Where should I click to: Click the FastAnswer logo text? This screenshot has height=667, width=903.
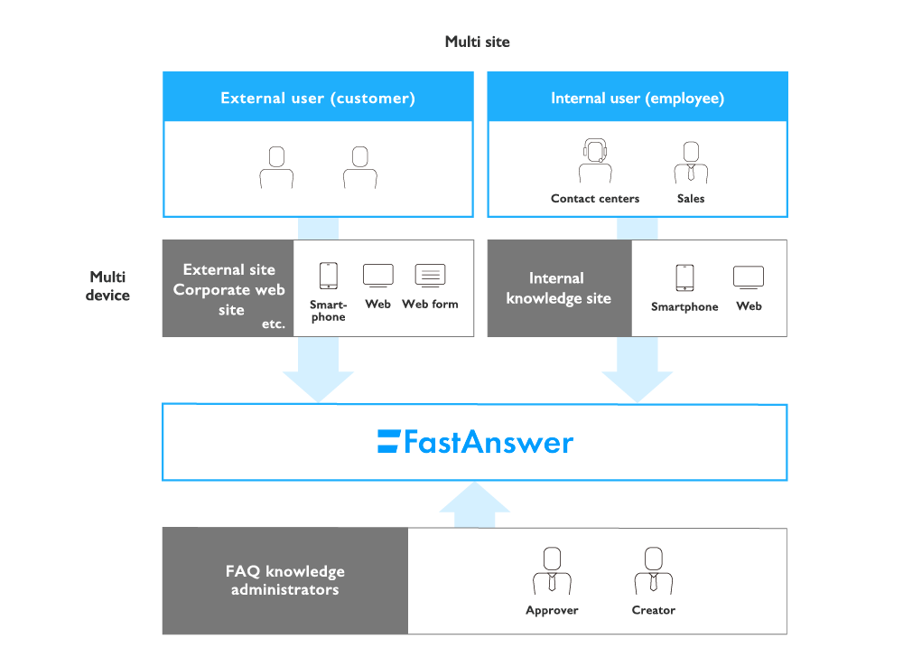(x=476, y=442)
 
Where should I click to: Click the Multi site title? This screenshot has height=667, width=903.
(x=478, y=42)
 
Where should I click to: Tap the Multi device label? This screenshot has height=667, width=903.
(x=108, y=286)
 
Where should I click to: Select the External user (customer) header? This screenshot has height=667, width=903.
(x=317, y=98)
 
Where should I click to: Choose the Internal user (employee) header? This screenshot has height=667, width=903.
(x=638, y=98)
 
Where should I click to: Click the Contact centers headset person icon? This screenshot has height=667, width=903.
(x=594, y=162)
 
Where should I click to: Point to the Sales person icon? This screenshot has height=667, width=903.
(x=691, y=162)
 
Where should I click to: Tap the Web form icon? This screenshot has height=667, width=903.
(x=430, y=275)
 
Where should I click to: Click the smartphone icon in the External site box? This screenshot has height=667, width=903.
(x=328, y=276)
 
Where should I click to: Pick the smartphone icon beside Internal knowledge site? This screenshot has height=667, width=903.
(x=684, y=277)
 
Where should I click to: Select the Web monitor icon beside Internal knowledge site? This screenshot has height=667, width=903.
(x=749, y=277)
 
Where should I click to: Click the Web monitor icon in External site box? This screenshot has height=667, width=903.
(x=377, y=275)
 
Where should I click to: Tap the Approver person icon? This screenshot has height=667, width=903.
(x=552, y=569)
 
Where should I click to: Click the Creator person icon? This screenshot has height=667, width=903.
(x=653, y=569)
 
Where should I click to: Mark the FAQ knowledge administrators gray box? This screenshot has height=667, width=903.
(x=285, y=580)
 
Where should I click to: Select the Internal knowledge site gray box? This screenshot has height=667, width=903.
(x=559, y=288)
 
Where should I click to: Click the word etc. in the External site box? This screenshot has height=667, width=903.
(x=273, y=324)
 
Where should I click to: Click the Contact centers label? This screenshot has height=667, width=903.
(x=595, y=199)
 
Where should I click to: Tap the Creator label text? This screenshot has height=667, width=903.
(x=653, y=610)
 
